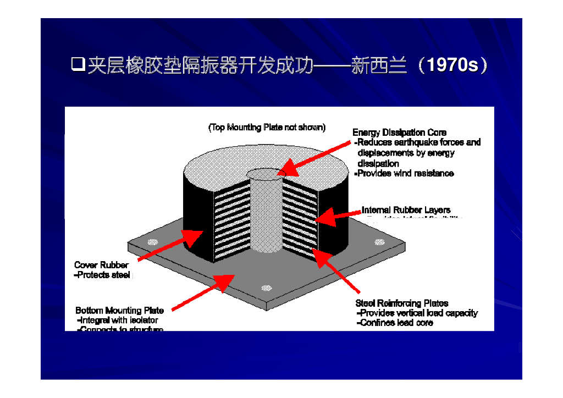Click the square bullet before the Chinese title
(78, 65)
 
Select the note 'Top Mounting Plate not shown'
(267, 128)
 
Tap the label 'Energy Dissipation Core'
(399, 132)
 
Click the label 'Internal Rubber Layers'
(406, 210)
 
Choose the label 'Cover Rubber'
(101, 265)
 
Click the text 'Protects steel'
(102, 275)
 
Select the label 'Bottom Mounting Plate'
(119, 311)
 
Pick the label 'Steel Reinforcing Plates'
(401, 303)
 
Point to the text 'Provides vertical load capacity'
(417, 313)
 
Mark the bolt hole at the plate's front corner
(267, 288)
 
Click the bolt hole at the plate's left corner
(153, 242)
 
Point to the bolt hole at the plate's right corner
(378, 242)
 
